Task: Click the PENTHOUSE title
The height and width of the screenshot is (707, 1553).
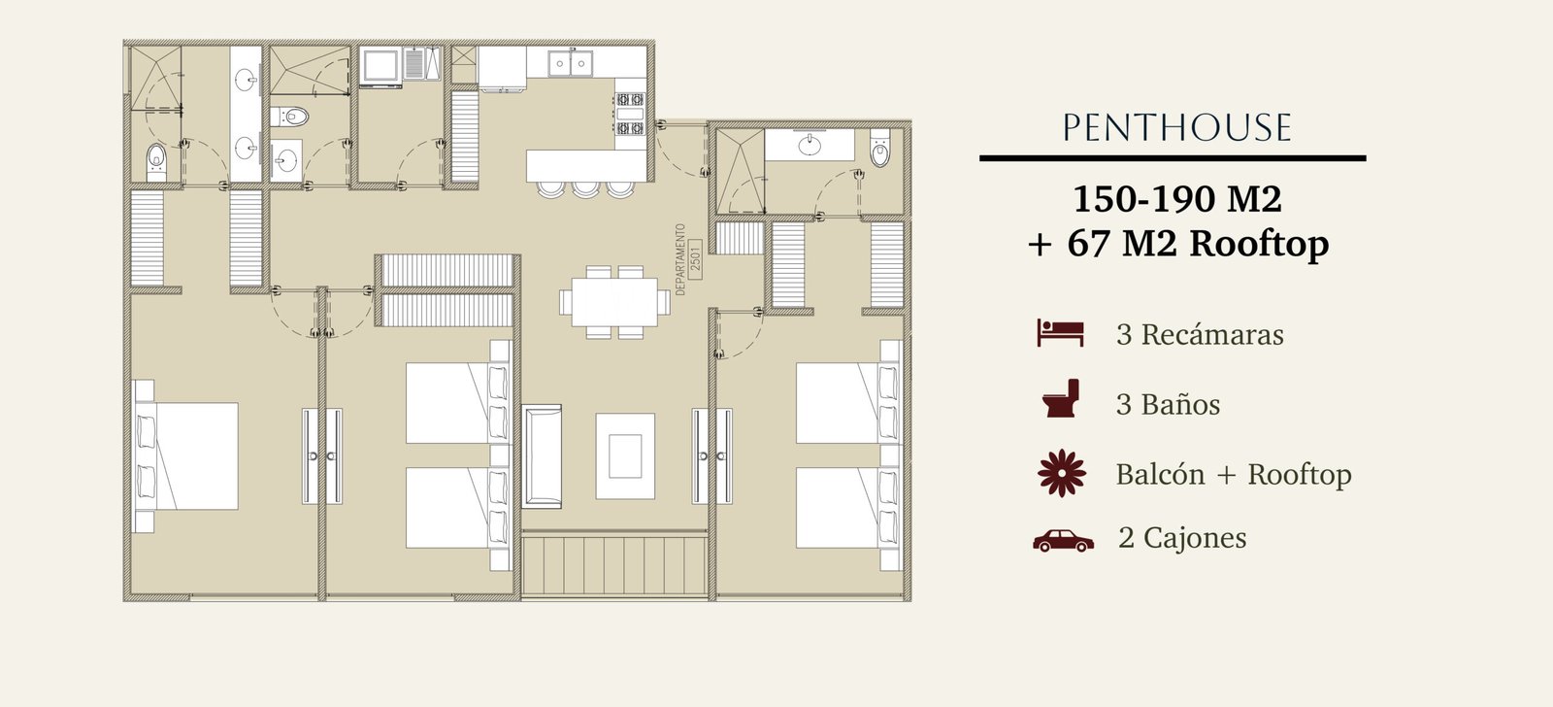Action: click(1176, 127)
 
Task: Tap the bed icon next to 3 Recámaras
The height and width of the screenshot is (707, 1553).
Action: click(1060, 333)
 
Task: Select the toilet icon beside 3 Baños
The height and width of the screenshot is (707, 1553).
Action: click(1061, 398)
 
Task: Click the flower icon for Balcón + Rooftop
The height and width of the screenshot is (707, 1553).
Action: click(1062, 473)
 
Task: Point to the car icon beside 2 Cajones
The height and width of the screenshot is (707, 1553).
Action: click(1063, 541)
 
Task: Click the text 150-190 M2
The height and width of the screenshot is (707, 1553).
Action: click(1177, 199)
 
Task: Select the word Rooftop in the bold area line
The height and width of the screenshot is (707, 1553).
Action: click(1259, 244)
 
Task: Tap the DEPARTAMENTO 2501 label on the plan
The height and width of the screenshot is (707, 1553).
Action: click(688, 259)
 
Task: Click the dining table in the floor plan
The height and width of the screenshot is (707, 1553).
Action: click(615, 302)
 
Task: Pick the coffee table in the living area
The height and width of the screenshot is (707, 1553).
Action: click(625, 455)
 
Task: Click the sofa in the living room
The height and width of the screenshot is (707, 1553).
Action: click(543, 456)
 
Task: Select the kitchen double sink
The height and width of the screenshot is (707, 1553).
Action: click(570, 64)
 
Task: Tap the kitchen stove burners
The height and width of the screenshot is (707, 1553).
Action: click(630, 114)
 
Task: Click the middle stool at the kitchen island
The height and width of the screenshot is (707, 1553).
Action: click(585, 189)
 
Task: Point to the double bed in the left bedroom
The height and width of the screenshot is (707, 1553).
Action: click(185, 455)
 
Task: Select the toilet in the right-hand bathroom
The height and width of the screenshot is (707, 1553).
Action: click(879, 148)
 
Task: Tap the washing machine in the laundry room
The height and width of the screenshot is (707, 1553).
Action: click(380, 67)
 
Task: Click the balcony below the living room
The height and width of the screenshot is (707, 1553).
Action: click(615, 563)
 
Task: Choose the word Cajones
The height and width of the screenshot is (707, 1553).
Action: click(1195, 538)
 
